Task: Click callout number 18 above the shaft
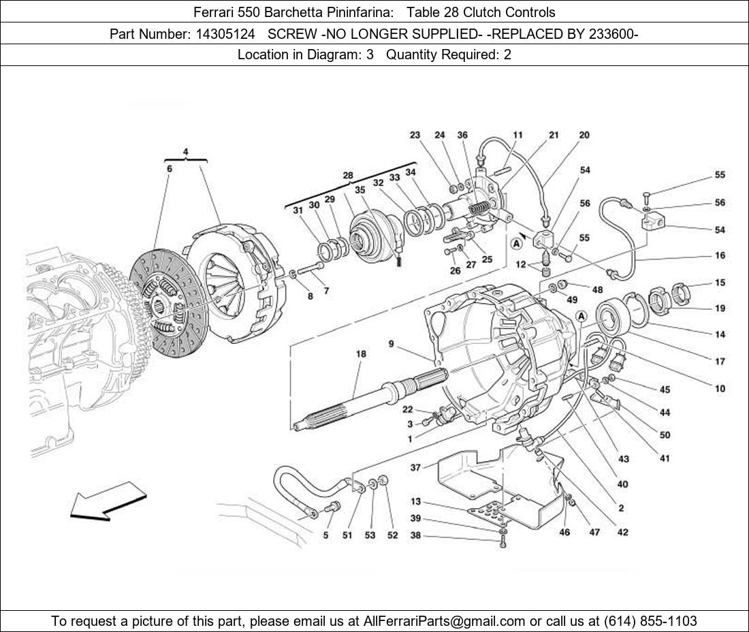pyautogui.click(x=361, y=354)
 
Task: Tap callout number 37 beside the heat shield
pyautogui.click(x=415, y=467)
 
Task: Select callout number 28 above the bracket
pyautogui.click(x=348, y=176)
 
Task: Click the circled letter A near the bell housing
pyautogui.click(x=581, y=316)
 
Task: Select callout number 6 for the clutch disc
pyautogui.click(x=169, y=168)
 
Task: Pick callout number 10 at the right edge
pyautogui.click(x=720, y=389)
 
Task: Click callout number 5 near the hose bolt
pyautogui.click(x=325, y=535)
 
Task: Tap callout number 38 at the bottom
pyautogui.click(x=415, y=536)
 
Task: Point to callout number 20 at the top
pyautogui.click(x=584, y=135)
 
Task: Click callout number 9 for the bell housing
pyautogui.click(x=392, y=345)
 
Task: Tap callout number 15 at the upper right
pyautogui.click(x=720, y=283)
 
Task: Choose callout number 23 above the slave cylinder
pyautogui.click(x=415, y=135)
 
